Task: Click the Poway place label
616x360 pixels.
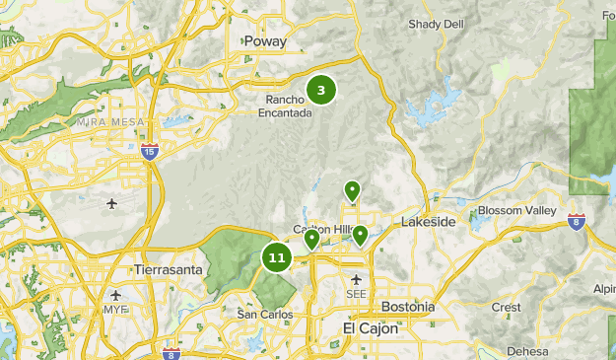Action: click(267, 41)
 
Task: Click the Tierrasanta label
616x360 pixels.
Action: click(168, 269)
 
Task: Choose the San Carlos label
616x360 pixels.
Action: click(265, 314)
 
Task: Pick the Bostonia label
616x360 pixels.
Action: click(407, 307)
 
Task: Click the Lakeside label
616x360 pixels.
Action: click(428, 222)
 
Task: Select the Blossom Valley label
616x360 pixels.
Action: click(516, 211)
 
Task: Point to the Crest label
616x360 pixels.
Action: click(506, 307)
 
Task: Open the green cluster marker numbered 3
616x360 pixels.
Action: click(321, 90)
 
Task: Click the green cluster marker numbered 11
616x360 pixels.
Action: click(276, 258)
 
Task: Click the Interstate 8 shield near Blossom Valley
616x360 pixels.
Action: click(577, 220)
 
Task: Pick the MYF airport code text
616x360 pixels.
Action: click(116, 310)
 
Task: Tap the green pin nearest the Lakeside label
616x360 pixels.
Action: click(361, 235)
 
